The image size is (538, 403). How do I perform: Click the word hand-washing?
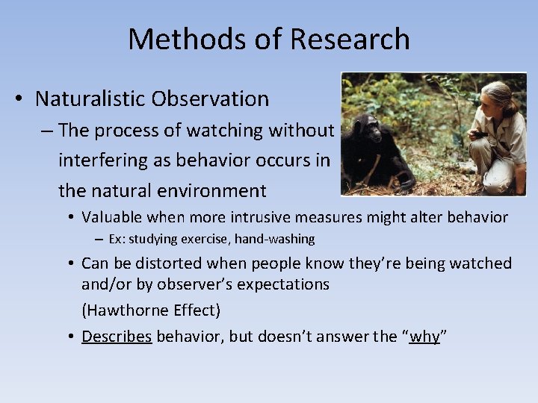click(279, 240)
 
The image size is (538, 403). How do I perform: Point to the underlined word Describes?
click(117, 337)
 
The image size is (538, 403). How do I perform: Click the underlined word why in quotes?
click(424, 337)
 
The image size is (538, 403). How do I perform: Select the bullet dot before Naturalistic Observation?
click(22, 99)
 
